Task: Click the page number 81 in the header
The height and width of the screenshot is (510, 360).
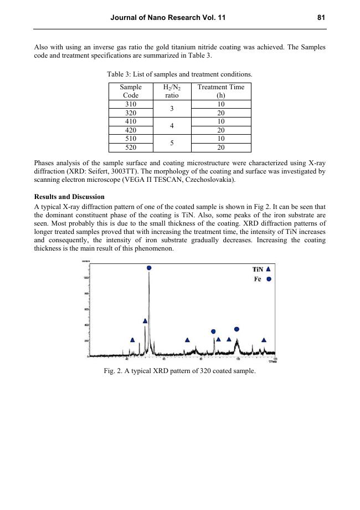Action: coord(321,18)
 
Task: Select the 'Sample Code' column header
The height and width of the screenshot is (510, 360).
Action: coord(130,91)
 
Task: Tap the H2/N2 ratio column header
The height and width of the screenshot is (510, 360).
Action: coord(172,91)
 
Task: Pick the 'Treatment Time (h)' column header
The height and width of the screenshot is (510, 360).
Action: coord(220,91)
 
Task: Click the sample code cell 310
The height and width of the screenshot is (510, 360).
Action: coord(130,104)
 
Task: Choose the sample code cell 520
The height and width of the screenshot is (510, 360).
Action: coord(130,147)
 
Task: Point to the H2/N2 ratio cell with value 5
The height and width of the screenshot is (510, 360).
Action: coord(172,143)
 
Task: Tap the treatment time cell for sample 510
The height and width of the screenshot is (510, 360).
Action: coord(220,139)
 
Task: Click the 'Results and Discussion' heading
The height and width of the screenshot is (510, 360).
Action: coord(69,197)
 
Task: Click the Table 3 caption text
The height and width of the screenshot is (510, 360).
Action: coord(179,74)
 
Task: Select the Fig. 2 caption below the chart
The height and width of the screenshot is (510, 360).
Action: coord(179,371)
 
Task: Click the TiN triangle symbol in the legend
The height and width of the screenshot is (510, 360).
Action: coord(269,269)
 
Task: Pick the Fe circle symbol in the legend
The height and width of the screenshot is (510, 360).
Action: coord(269,279)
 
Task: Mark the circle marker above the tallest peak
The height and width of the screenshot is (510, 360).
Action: coord(149,268)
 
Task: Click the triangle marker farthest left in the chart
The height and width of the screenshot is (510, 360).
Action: coord(132,340)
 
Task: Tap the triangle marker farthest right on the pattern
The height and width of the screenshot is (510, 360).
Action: coord(264,340)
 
